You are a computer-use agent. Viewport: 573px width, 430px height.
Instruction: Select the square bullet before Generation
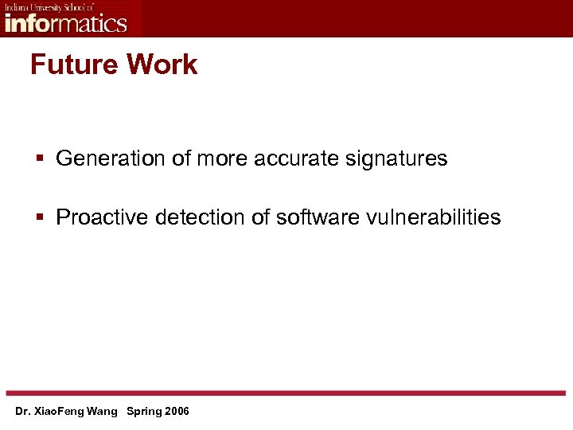pyautogui.click(x=39, y=159)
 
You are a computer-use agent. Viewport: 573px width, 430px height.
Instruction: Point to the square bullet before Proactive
pyautogui.click(x=39, y=217)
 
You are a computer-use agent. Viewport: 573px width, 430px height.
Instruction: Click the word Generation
pyautogui.click(x=111, y=158)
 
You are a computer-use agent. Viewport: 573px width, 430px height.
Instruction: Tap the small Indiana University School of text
pyautogui.click(x=49, y=7)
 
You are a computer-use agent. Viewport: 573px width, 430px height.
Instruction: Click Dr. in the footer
pyautogui.click(x=22, y=412)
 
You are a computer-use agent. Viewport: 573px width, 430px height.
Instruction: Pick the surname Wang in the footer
pyautogui.click(x=103, y=412)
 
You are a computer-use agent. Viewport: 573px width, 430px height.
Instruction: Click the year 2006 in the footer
pyautogui.click(x=177, y=412)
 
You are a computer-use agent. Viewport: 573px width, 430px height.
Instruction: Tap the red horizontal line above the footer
pyautogui.click(x=286, y=393)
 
